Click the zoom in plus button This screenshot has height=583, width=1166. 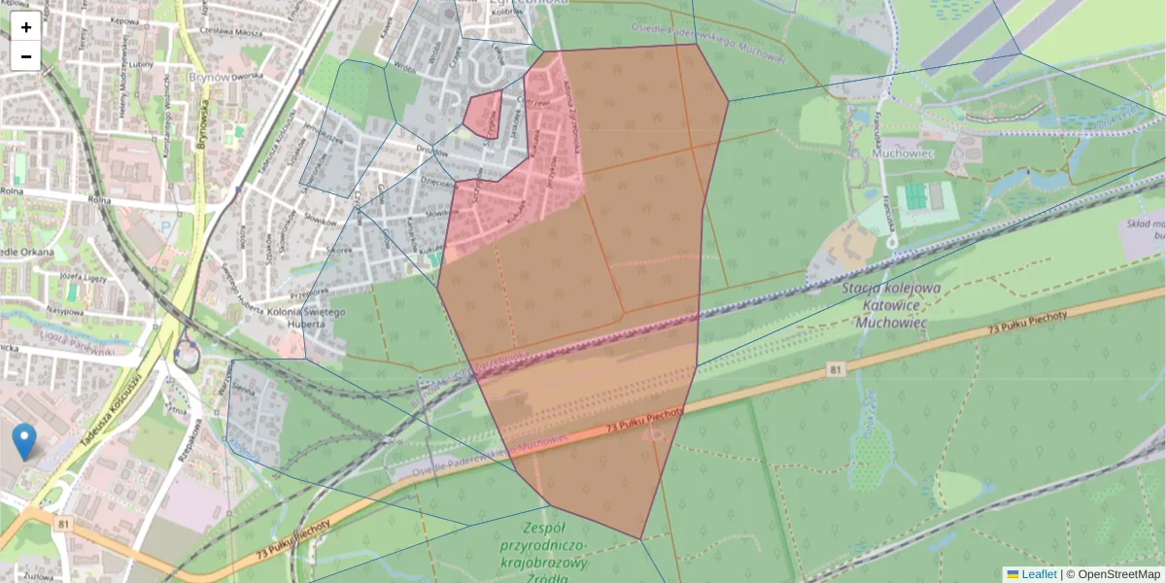click(26, 27)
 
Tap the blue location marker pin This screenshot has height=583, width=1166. click(24, 441)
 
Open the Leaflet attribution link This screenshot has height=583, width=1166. click(1039, 574)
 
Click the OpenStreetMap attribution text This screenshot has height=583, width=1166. click(1118, 574)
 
